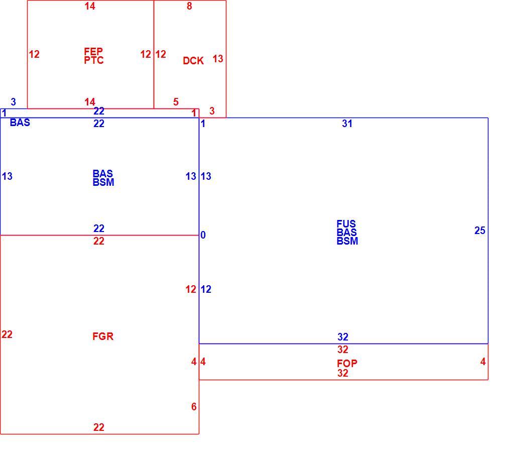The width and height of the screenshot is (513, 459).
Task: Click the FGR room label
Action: [103, 336]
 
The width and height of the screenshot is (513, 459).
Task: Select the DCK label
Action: [193, 61]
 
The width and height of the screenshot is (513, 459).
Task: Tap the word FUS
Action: [346, 224]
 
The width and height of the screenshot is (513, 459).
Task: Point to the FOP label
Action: [347, 364]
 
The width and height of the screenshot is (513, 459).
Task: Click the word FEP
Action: [93, 51]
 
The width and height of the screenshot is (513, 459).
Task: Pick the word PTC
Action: [94, 60]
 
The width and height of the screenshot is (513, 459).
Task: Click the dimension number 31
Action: [347, 124]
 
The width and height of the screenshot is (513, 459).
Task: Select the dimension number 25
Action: [480, 231]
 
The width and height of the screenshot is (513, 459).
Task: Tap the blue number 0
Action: [203, 235]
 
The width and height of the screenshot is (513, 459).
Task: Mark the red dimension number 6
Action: [194, 407]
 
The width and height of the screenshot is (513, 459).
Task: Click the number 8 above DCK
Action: [189, 6]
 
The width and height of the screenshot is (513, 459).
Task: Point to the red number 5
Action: [176, 102]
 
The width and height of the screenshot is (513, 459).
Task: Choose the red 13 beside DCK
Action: [218, 59]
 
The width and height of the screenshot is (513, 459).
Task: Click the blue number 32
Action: [343, 337]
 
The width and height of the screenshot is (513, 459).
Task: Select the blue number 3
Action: [14, 102]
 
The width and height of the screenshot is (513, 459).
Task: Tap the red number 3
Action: [212, 111]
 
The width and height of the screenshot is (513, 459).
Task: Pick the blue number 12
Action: [206, 289]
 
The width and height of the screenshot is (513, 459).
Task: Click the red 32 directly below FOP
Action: [343, 373]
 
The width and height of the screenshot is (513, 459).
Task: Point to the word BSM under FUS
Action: [347, 241]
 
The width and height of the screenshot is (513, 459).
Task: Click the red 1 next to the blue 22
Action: [194, 113]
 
